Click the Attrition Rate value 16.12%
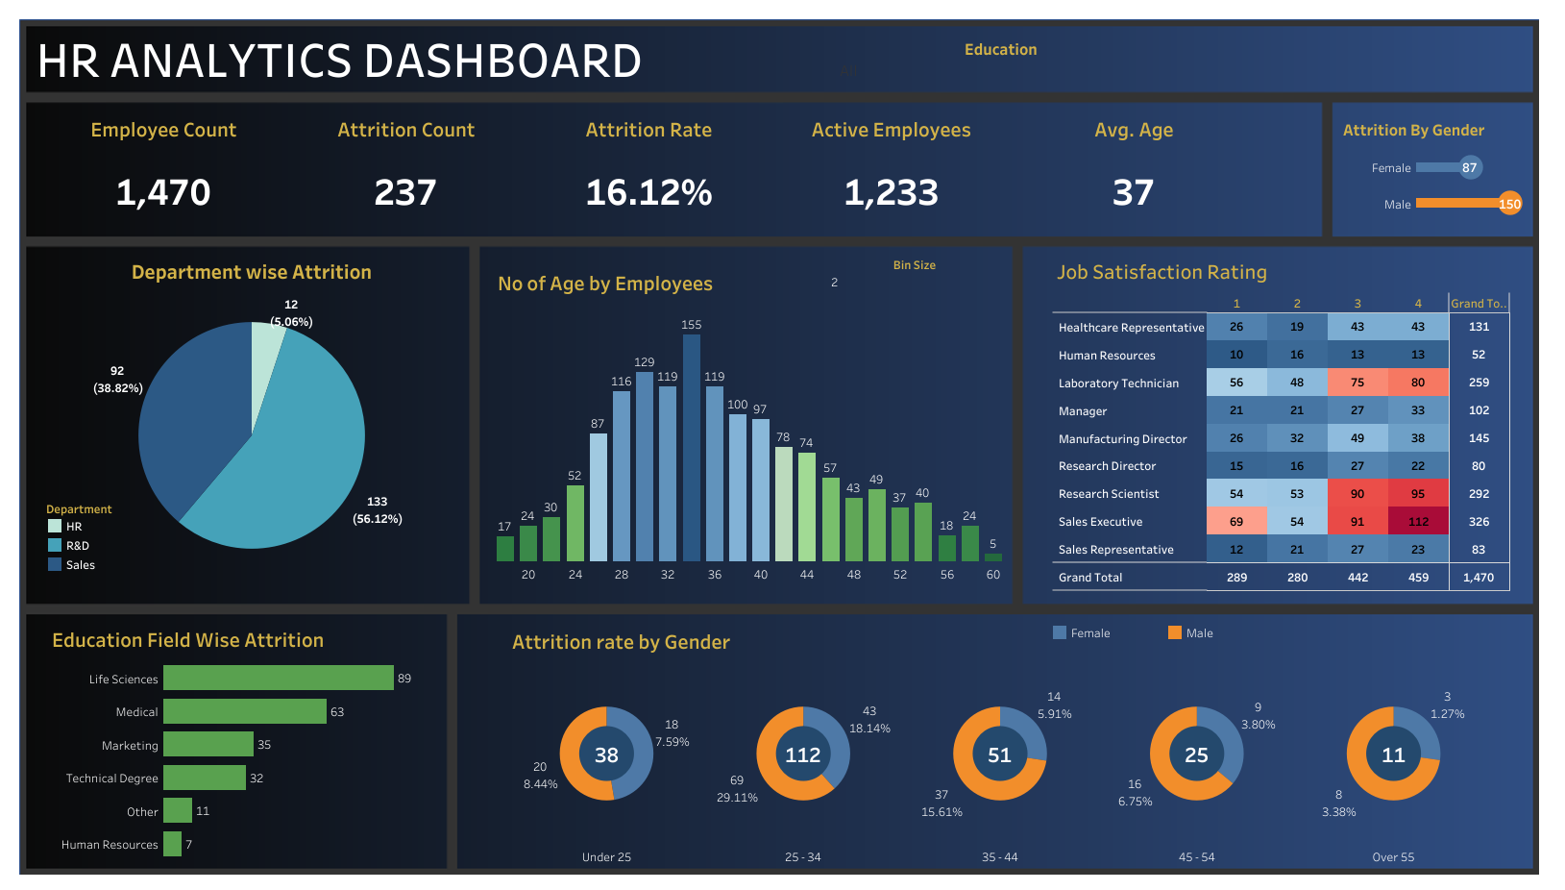pyautogui.click(x=648, y=193)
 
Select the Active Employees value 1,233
pyautogui.click(x=891, y=193)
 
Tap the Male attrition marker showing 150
pyautogui.click(x=1509, y=204)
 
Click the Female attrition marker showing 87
pyautogui.click(x=1469, y=167)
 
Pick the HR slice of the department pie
pyautogui.click(x=266, y=365)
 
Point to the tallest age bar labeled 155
pyautogui.click(x=691, y=447)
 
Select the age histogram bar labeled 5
pyautogui.click(x=993, y=556)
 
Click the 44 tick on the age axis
pyautogui.click(x=807, y=575)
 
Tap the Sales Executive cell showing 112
pyautogui.click(x=1418, y=522)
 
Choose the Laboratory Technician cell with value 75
pyautogui.click(x=1357, y=383)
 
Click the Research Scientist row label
pyautogui.click(x=1109, y=494)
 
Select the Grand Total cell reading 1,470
pyautogui.click(x=1479, y=578)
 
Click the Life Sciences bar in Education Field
pyautogui.click(x=279, y=679)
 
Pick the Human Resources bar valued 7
pyautogui.click(x=173, y=845)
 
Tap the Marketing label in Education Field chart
pyautogui.click(x=130, y=746)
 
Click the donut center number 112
pyautogui.click(x=803, y=755)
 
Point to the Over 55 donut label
pyautogui.click(x=1393, y=857)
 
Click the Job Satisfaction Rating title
pyautogui.click(x=1162, y=273)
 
